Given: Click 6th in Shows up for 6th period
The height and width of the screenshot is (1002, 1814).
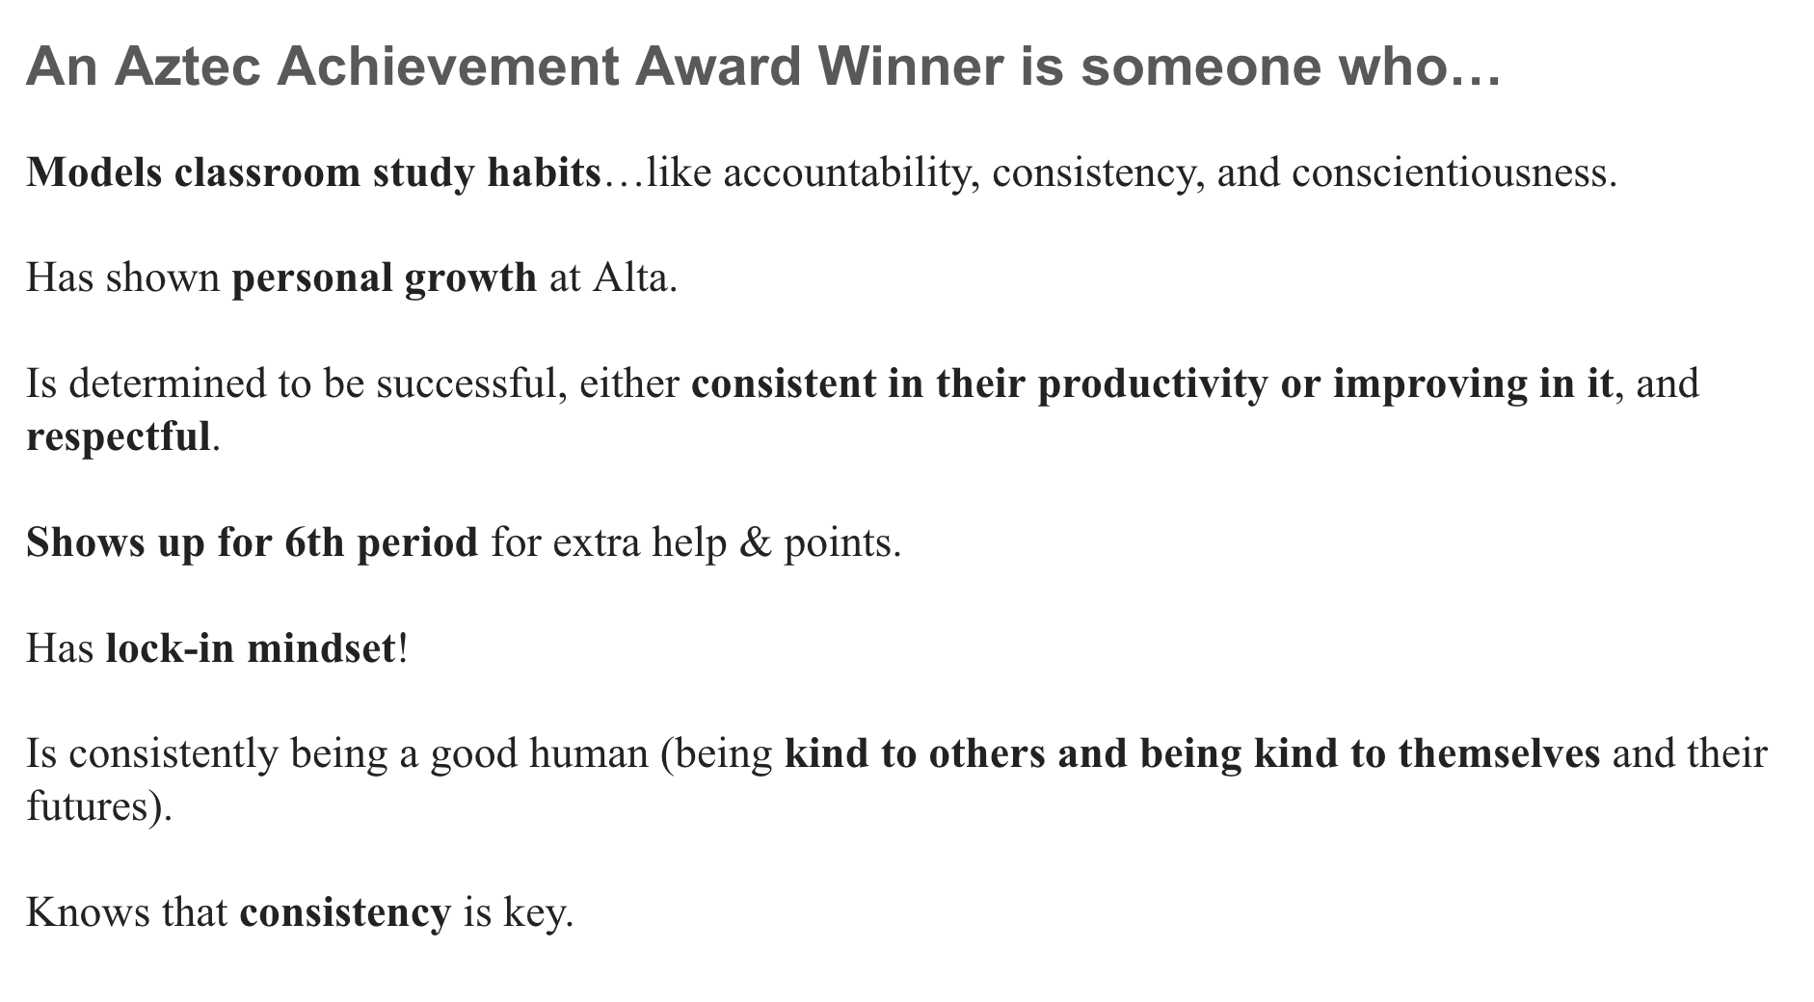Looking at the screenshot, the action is click(314, 542).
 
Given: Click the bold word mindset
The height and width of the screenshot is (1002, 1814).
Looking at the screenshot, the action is click(321, 648).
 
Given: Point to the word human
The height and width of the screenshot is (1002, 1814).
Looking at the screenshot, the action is click(588, 753).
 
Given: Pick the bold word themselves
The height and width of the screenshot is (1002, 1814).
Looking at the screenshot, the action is click(1499, 753).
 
